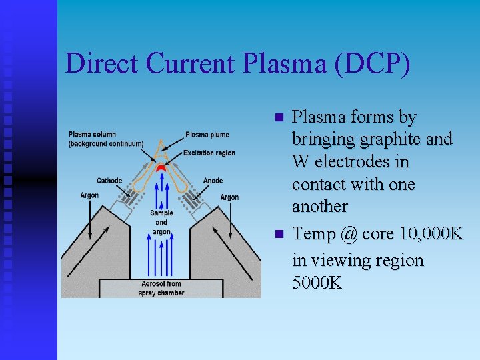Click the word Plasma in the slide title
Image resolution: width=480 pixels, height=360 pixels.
(275, 63)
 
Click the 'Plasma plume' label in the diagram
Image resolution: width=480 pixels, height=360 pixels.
(207, 135)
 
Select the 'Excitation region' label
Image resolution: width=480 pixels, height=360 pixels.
(209, 153)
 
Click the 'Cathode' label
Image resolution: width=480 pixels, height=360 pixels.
(109, 181)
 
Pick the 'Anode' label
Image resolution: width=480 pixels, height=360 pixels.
(213, 181)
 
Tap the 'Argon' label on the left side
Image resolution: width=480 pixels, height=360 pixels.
(89, 195)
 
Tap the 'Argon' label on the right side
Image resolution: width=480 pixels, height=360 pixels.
(229, 197)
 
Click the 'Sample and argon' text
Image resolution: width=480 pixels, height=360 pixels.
(161, 222)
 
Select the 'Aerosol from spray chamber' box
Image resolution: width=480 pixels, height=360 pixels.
(161, 289)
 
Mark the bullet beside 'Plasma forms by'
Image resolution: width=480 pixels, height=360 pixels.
(279, 118)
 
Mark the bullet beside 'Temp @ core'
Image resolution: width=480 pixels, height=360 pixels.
(279, 235)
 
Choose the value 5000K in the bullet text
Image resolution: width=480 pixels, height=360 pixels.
(317, 283)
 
